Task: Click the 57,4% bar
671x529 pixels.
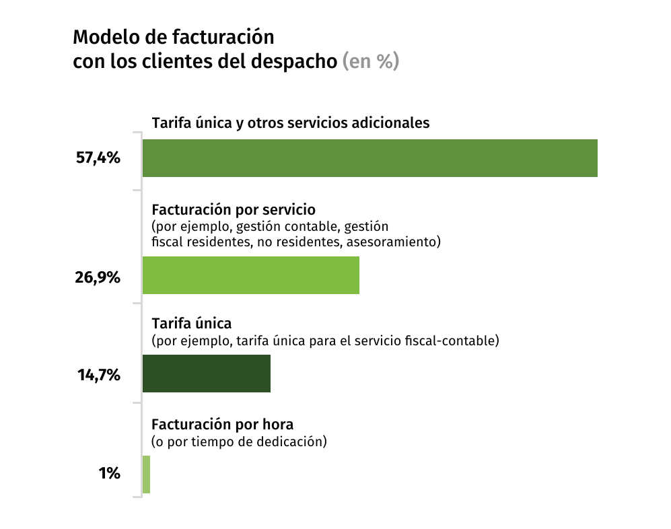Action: pyautogui.click(x=369, y=158)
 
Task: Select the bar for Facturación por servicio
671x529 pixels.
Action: pyautogui.click(x=250, y=275)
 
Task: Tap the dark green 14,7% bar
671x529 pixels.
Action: pyautogui.click(x=206, y=374)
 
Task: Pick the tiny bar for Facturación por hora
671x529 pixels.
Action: pyautogui.click(x=146, y=474)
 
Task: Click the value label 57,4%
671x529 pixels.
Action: pyautogui.click(x=98, y=159)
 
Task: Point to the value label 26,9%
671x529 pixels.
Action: pyautogui.click(x=98, y=276)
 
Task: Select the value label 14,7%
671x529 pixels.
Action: pyautogui.click(x=98, y=375)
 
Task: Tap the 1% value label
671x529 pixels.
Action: pyautogui.click(x=109, y=474)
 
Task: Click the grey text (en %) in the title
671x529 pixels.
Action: pyautogui.click(x=371, y=61)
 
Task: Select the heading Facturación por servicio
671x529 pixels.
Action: pyautogui.click(x=234, y=209)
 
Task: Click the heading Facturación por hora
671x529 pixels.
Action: pyautogui.click(x=223, y=425)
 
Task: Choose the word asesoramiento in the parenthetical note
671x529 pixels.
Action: pyautogui.click(x=393, y=242)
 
